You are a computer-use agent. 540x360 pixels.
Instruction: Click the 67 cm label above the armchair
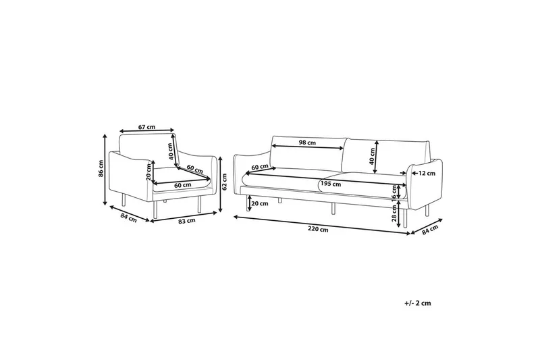(x=146, y=127)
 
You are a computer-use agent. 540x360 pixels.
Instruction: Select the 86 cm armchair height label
(x=101, y=168)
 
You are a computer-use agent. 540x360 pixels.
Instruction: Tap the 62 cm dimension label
(x=225, y=182)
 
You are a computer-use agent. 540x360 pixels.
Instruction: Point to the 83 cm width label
(x=187, y=221)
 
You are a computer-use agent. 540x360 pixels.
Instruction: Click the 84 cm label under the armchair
(x=128, y=218)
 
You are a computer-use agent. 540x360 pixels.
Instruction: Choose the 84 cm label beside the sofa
(x=430, y=230)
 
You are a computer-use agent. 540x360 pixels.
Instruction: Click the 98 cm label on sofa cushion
(x=307, y=143)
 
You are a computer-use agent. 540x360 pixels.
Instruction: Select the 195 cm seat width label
(x=331, y=184)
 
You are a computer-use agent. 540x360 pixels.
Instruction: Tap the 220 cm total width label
(x=318, y=230)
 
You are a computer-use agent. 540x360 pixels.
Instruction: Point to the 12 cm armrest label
(x=427, y=174)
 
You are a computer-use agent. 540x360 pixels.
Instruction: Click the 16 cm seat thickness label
(x=394, y=192)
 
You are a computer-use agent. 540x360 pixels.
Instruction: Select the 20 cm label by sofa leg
(x=260, y=203)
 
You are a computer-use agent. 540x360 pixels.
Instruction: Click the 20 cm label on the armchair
(x=148, y=171)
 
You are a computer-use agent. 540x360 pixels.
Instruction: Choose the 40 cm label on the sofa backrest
(x=373, y=157)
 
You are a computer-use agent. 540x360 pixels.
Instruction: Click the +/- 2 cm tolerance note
(x=418, y=303)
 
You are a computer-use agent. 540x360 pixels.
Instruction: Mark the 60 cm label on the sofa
(x=260, y=166)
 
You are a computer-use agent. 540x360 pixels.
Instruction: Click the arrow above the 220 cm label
(x=322, y=225)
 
